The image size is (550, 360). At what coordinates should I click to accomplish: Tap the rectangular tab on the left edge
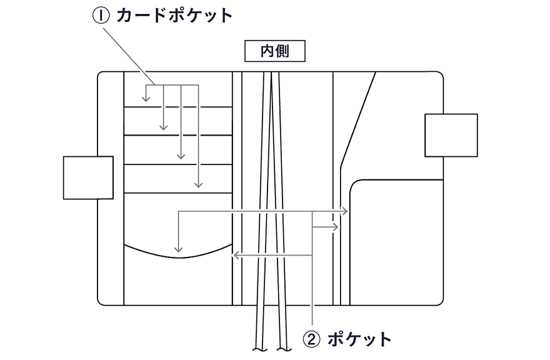(x=88, y=178)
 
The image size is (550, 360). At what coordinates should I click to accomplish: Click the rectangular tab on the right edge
(x=451, y=135)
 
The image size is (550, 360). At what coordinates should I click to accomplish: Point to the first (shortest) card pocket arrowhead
(x=146, y=99)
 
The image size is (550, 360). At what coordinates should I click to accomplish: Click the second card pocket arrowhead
(x=164, y=127)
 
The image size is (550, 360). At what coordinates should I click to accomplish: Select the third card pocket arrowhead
(x=181, y=156)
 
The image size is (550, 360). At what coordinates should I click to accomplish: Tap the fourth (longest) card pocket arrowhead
(x=199, y=185)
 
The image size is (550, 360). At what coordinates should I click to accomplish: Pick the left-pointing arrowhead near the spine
(x=235, y=256)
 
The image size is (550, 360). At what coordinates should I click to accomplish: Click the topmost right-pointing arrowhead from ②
(x=345, y=212)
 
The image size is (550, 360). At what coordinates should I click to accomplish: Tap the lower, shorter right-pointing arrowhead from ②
(x=336, y=227)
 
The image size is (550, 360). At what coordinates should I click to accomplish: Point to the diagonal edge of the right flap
(x=360, y=119)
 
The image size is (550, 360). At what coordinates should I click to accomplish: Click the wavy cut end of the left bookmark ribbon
(x=258, y=349)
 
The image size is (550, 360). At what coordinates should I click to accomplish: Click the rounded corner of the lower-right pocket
(x=354, y=185)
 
